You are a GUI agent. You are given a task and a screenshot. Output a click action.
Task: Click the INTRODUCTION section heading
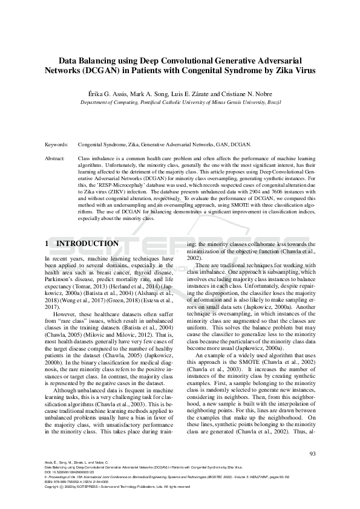coord(87,244)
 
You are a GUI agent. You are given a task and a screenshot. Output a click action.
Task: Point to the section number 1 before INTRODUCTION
coord(48,244)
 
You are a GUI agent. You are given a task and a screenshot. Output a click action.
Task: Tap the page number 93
coord(312,454)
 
